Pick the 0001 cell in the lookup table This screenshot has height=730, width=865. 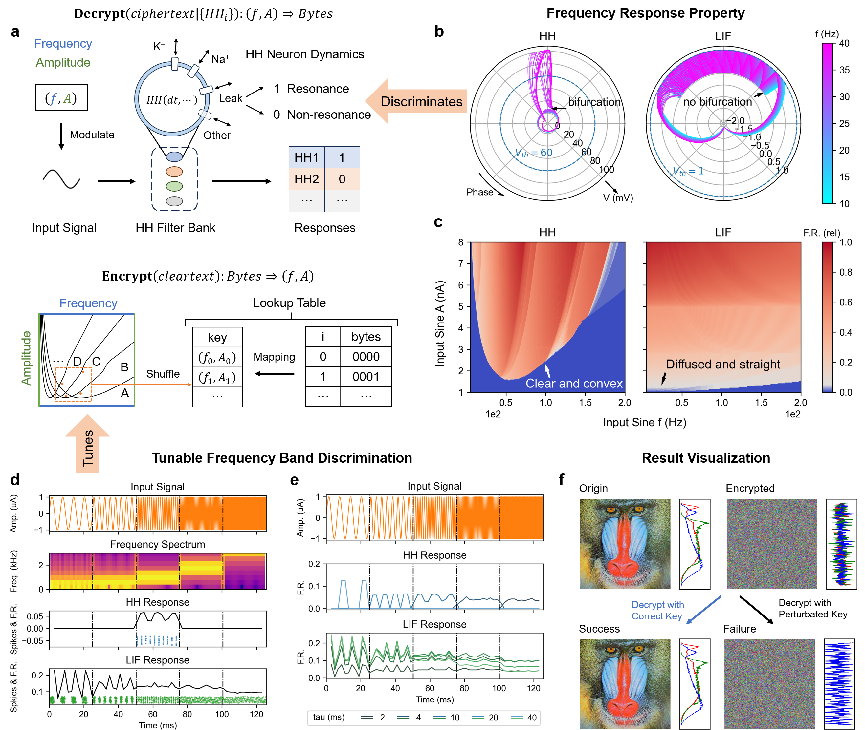pos(366,377)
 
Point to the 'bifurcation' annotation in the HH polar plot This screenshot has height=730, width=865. pos(594,102)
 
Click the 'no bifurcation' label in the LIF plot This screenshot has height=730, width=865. pos(717,102)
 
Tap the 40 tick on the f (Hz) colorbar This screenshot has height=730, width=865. pos(844,43)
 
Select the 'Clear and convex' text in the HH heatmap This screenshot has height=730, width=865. pos(574,383)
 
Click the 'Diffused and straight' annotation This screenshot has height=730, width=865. pos(722,364)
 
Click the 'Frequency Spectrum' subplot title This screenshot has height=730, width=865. pos(157,544)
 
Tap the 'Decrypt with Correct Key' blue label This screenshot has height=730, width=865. pos(657,610)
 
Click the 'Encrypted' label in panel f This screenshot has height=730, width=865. pos(750,488)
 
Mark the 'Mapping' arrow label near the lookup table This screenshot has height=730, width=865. pos(274,357)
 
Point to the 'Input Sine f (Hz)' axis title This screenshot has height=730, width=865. pos(644,422)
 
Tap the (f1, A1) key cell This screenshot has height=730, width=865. pos(217,377)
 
